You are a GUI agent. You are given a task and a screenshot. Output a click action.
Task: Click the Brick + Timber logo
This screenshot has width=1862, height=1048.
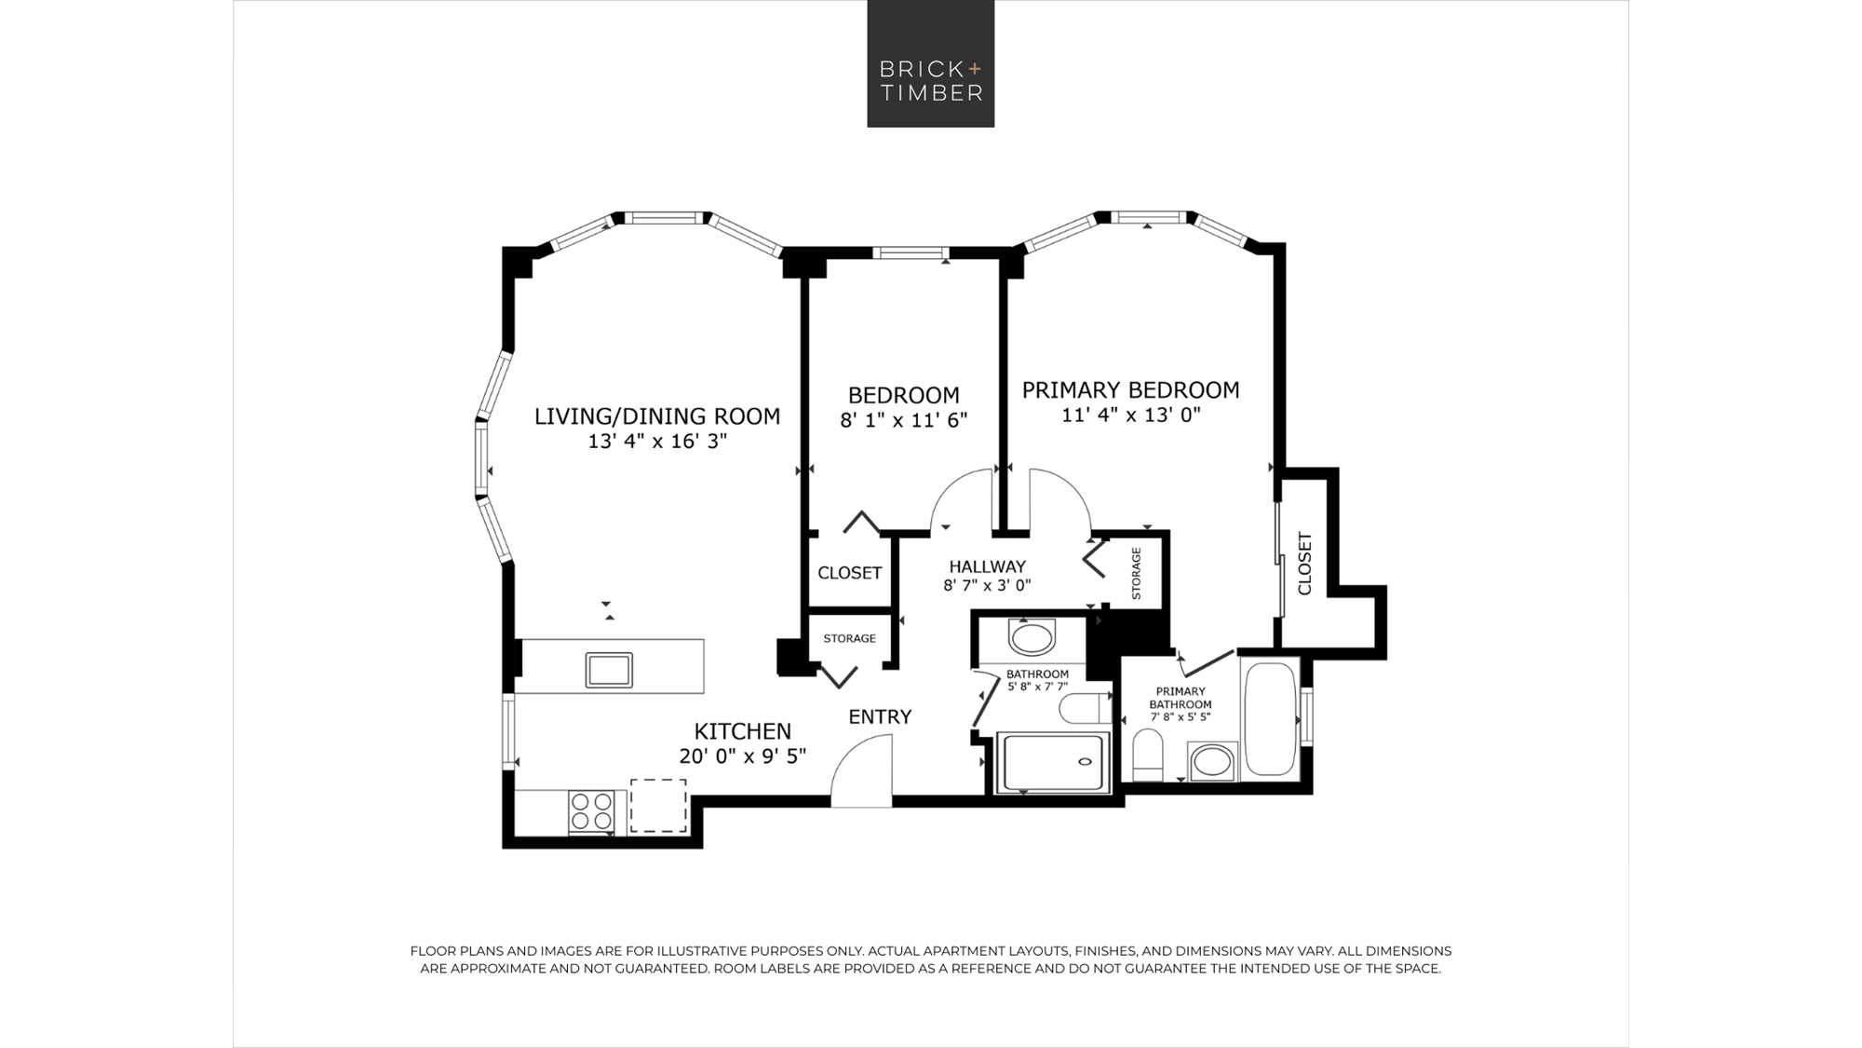click(931, 63)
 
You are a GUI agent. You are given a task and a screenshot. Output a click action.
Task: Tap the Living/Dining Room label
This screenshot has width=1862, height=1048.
click(657, 416)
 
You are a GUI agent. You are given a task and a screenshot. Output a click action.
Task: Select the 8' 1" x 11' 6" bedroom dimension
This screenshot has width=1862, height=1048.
click(904, 420)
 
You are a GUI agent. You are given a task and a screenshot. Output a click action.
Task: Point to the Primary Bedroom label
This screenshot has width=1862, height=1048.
click(1130, 389)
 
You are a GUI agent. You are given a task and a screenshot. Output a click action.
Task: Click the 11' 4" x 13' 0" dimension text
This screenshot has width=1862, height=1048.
click(1131, 415)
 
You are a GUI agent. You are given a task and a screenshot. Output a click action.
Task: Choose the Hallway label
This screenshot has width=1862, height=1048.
click(987, 566)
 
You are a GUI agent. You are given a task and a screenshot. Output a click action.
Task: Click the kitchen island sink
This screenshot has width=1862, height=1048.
click(609, 670)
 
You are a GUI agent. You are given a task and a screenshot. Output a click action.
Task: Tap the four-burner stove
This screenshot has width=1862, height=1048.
click(592, 811)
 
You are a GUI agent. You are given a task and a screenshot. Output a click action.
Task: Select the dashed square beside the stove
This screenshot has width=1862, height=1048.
click(658, 806)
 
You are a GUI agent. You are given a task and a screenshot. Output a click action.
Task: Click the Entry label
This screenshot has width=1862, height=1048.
click(880, 716)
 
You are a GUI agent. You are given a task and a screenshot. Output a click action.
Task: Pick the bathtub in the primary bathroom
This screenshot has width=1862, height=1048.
click(1271, 717)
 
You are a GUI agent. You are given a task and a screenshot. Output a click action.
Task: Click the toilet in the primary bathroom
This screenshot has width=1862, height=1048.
click(1148, 755)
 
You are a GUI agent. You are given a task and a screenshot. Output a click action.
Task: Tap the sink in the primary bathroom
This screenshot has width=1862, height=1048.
click(1212, 762)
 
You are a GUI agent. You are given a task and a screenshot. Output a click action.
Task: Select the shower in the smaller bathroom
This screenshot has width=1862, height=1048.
click(1053, 762)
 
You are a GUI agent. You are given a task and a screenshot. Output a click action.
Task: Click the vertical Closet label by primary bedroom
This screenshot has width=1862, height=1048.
click(1304, 564)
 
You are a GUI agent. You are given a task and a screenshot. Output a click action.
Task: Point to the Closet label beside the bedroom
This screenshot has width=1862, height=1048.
click(849, 573)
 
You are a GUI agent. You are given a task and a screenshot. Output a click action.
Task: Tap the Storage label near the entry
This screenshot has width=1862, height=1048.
click(849, 638)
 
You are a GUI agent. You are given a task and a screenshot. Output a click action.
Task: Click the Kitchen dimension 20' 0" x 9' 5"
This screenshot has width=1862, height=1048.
click(742, 755)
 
